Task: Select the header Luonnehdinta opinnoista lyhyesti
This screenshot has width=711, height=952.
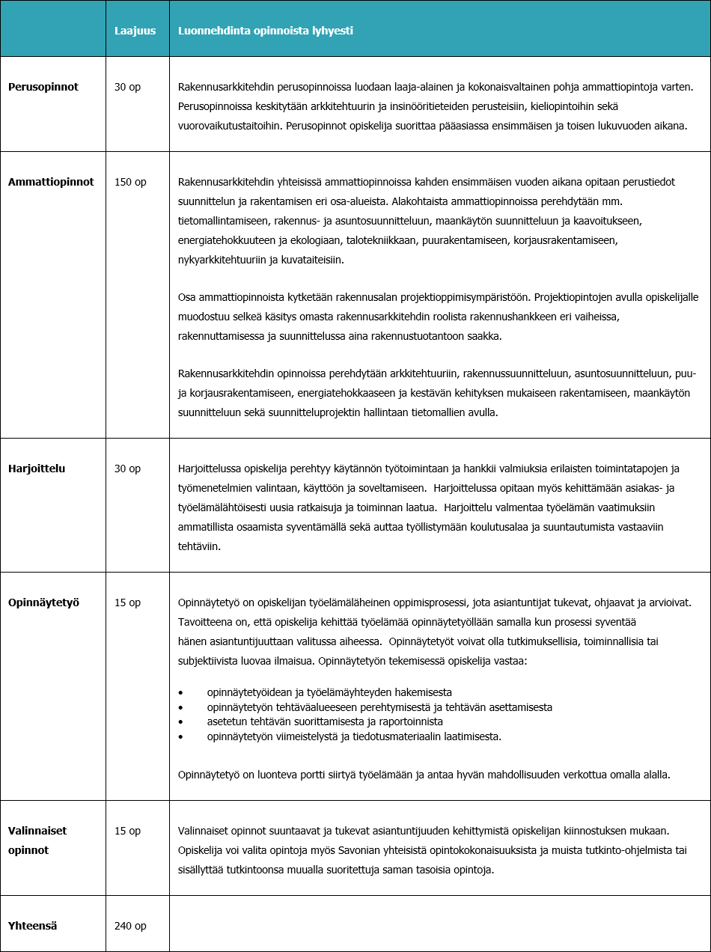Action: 266,31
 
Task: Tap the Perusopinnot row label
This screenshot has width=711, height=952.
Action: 43,87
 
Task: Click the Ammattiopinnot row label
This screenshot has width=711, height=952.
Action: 51,182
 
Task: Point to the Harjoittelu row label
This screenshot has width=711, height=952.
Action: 37,469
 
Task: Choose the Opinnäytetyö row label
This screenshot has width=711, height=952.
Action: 43,602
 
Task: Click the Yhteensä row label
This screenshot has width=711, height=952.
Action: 33,926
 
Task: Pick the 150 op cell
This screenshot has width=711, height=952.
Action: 130,182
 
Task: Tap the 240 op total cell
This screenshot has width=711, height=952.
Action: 130,926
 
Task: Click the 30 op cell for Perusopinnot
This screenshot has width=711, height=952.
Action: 127,87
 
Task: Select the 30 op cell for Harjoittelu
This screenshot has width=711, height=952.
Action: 127,469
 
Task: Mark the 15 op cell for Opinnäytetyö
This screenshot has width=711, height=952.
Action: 127,602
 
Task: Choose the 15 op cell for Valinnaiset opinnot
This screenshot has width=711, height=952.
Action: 127,831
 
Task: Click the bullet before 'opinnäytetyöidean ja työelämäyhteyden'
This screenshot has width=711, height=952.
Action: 180,692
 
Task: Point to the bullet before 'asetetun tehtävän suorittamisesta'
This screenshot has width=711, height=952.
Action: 180,722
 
